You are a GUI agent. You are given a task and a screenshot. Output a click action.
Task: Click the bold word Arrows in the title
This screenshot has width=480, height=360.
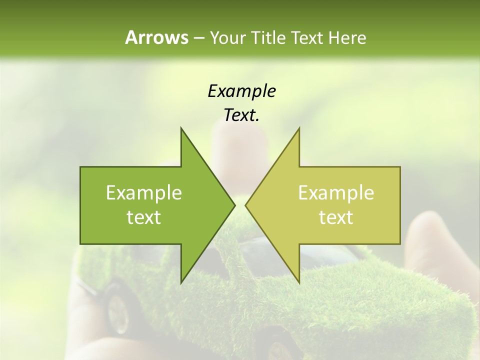(x=156, y=37)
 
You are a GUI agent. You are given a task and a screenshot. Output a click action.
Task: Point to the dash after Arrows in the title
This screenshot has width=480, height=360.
(x=198, y=38)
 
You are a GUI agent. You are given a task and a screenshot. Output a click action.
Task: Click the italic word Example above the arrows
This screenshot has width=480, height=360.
(x=241, y=91)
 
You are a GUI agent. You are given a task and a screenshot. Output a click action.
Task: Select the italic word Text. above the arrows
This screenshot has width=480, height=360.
(x=241, y=115)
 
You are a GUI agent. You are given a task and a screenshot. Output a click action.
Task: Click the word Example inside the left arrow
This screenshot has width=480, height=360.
(x=144, y=192)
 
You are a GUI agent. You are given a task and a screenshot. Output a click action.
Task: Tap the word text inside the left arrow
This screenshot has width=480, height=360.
(x=144, y=217)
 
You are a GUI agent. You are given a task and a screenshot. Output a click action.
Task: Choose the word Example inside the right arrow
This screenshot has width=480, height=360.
(x=336, y=192)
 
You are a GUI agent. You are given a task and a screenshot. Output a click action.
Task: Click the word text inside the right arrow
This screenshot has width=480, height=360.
(x=336, y=217)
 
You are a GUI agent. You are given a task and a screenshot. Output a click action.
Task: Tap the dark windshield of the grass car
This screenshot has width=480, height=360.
(x=260, y=250)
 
